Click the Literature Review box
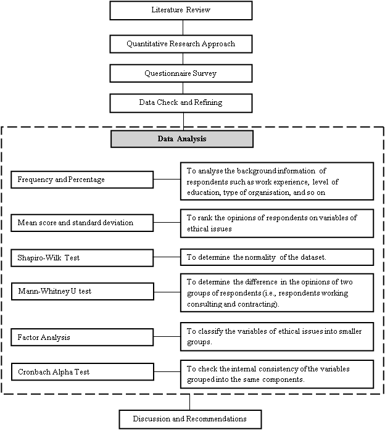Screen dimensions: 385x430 (181, 10)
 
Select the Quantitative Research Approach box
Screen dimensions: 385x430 (181, 44)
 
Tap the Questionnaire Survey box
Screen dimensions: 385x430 (181, 73)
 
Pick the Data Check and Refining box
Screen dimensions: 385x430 (181, 103)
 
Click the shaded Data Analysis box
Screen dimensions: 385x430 (182, 139)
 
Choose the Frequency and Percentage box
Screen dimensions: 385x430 (82, 180)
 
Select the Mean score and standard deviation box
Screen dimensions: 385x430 (82, 223)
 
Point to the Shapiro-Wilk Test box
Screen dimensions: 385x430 (82, 258)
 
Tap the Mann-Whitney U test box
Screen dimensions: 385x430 (83, 291)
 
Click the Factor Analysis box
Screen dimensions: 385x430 (82, 337)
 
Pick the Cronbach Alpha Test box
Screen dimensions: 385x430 (83, 372)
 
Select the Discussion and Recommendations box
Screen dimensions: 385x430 (190, 420)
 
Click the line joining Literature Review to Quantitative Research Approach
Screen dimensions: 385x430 (183, 27)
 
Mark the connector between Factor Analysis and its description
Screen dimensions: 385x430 (167, 336)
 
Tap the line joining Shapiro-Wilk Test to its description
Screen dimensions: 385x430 (167, 257)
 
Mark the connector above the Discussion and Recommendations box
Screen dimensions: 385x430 (189, 402)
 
